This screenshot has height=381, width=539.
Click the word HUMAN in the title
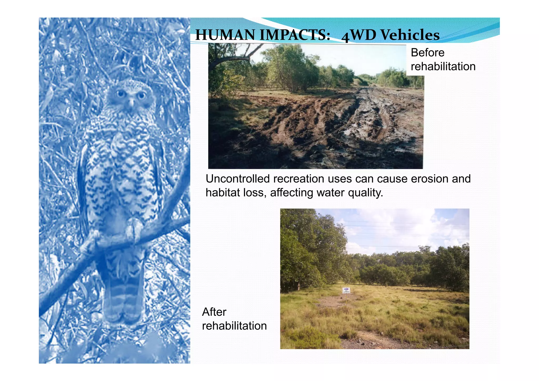tap(226, 35)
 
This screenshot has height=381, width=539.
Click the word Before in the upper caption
tap(427, 53)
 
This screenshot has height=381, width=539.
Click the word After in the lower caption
tap(214, 312)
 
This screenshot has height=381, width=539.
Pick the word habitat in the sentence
tap(222, 193)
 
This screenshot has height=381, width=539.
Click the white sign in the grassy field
tap(346, 290)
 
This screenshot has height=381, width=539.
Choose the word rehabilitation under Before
tap(443, 67)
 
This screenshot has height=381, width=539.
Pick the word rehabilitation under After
tap(234, 326)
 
